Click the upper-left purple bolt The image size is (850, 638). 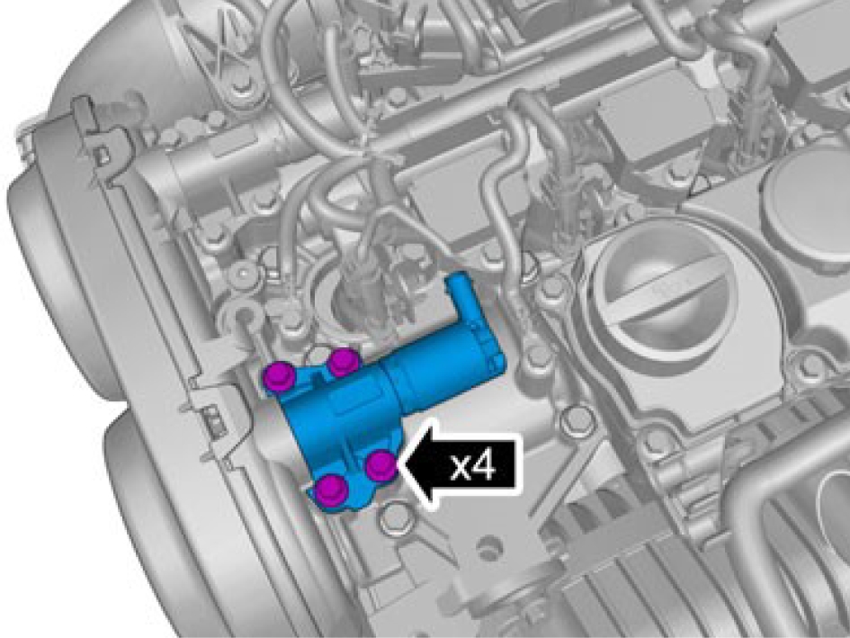[279, 377]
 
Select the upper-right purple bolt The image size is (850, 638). [344, 362]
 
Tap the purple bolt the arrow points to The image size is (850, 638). [380, 465]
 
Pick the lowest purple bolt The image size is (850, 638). [332, 490]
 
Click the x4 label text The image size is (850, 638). [473, 465]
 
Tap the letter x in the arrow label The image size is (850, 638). [461, 468]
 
